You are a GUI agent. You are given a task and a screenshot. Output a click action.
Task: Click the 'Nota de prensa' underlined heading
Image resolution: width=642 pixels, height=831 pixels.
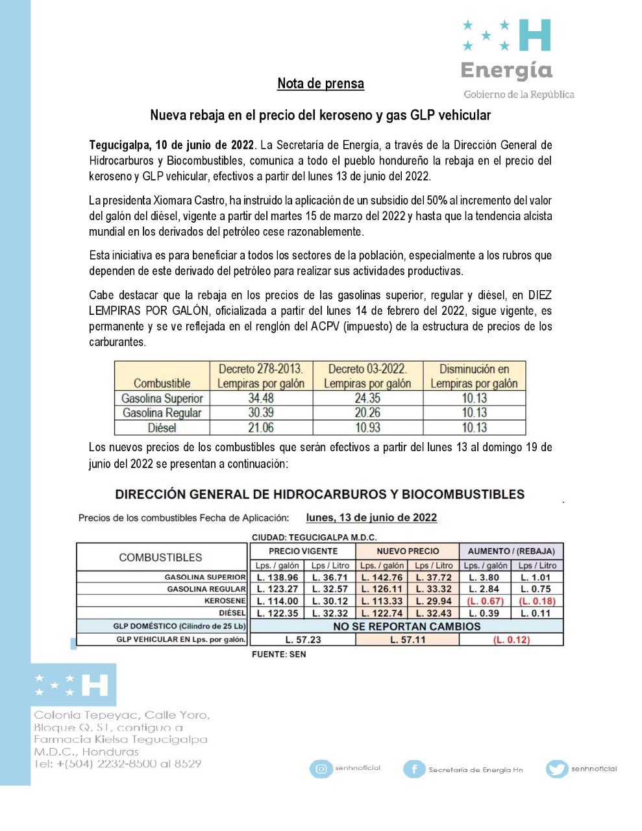[x=321, y=84]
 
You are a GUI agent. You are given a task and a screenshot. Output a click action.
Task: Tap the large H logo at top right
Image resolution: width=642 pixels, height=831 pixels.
[x=537, y=35]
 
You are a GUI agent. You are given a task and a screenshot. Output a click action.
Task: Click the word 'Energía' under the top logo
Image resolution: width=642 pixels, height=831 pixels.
[x=506, y=70]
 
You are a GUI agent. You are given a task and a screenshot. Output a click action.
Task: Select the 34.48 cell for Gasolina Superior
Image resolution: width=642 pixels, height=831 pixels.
[x=261, y=398]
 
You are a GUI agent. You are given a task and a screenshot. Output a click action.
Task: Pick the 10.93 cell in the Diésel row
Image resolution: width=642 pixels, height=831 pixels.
[x=367, y=428]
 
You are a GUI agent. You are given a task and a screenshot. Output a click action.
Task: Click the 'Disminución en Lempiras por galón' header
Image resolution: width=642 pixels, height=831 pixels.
[x=474, y=377]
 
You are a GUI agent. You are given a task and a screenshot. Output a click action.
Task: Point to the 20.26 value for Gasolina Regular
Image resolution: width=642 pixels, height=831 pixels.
[x=367, y=413]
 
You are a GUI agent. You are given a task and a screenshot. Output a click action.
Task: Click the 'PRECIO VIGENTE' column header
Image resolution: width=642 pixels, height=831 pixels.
[x=302, y=551]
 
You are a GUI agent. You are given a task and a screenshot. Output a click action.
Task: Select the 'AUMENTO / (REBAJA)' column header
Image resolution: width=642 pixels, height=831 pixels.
[x=511, y=551]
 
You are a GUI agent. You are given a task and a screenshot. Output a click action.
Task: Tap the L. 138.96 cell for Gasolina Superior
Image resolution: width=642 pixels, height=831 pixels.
[x=277, y=577]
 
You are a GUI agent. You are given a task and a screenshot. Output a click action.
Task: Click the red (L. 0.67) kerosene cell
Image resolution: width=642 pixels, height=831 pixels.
[x=485, y=601]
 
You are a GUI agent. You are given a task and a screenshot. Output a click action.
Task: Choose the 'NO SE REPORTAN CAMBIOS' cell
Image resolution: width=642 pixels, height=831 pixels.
[x=406, y=626]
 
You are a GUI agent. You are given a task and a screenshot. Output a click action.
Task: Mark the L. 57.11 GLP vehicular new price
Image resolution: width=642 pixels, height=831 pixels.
[x=408, y=639]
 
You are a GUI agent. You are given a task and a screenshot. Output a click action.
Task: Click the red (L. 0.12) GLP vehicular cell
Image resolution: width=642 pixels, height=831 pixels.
[x=511, y=639]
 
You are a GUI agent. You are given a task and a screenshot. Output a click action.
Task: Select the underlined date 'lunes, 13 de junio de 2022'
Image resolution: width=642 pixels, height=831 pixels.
[x=371, y=518]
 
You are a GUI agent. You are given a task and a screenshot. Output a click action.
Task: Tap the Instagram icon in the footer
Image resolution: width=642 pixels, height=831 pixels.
[x=321, y=769]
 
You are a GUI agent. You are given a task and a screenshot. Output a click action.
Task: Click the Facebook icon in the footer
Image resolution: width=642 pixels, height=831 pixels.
[x=414, y=769]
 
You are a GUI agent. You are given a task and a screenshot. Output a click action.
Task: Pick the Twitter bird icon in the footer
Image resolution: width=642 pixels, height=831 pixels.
[x=556, y=769]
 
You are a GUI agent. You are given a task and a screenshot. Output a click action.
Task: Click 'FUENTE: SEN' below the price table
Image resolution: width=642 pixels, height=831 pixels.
[x=278, y=654]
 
